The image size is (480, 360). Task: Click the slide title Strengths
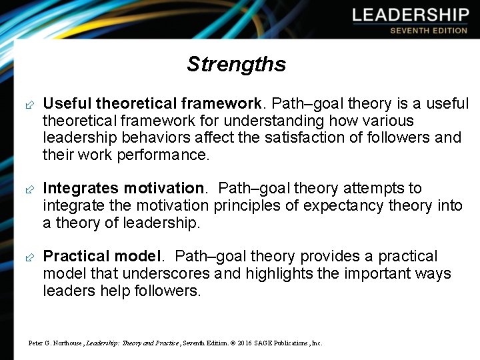click(236, 64)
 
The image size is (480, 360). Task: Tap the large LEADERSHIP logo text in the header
click(411, 15)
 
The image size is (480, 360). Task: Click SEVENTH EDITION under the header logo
click(429, 31)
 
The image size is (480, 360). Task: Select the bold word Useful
click(67, 103)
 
